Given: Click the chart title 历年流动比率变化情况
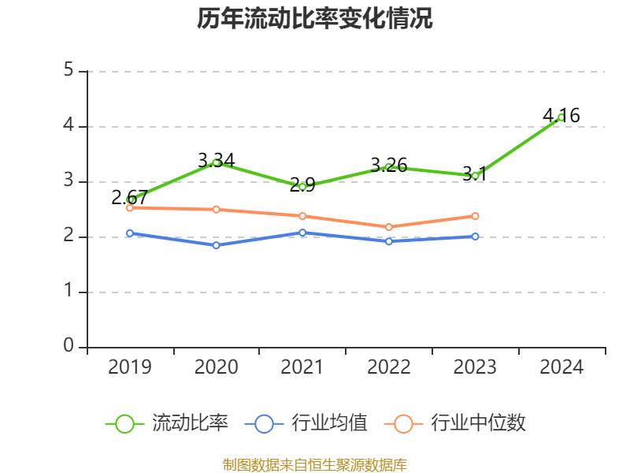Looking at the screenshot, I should pyautogui.click(x=315, y=19).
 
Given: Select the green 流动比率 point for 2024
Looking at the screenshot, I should pyautogui.click(x=561, y=117).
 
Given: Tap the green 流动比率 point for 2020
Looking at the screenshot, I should pyautogui.click(x=217, y=162).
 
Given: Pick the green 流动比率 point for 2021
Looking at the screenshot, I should pyautogui.click(x=302, y=187).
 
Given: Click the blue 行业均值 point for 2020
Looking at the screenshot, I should pyautogui.click(x=217, y=245).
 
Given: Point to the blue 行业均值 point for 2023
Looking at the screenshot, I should pyautogui.click(x=476, y=236).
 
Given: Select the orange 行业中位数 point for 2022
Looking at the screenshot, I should pyautogui.click(x=389, y=227).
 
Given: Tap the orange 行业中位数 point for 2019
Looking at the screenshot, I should pyautogui.click(x=130, y=207).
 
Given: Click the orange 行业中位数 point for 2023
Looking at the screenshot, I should pyautogui.click(x=476, y=216).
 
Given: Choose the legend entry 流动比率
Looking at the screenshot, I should pyautogui.click(x=168, y=423).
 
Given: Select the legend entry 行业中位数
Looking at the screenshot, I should pyautogui.click(x=455, y=423).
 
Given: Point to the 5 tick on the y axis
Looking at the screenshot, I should pyautogui.click(x=69, y=71).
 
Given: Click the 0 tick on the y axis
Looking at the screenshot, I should pyautogui.click(x=69, y=347).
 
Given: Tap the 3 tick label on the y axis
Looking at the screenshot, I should pyautogui.click(x=69, y=181).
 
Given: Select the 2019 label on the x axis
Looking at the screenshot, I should pyautogui.click(x=130, y=367).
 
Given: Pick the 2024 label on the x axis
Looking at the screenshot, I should pyautogui.click(x=561, y=367).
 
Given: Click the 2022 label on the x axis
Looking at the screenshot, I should pyautogui.click(x=389, y=367).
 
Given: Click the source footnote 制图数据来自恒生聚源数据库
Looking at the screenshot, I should pyautogui.click(x=315, y=464).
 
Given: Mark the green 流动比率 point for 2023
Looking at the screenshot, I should pyautogui.click(x=476, y=176).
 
